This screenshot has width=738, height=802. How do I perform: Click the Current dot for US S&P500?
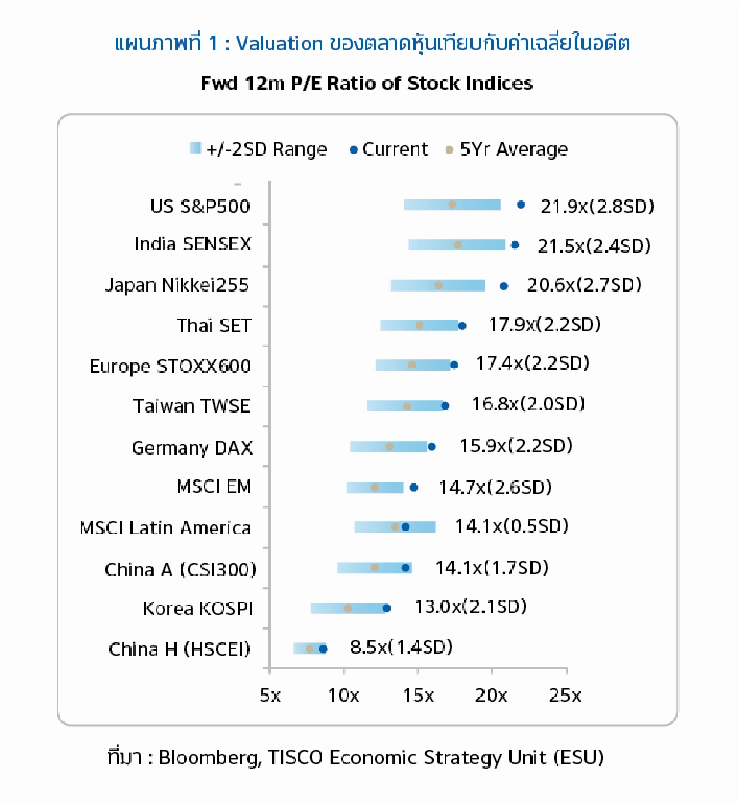click(x=521, y=205)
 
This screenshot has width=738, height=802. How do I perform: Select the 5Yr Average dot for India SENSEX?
click(x=458, y=245)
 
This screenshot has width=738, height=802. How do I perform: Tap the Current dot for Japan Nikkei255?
click(x=504, y=285)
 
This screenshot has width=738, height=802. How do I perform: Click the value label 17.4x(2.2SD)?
click(x=532, y=363)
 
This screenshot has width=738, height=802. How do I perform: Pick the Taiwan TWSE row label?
click(x=192, y=406)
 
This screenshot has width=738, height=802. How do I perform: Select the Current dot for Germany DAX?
click(x=432, y=447)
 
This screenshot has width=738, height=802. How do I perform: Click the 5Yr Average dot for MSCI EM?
click(x=375, y=487)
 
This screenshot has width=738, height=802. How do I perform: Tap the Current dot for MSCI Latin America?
click(x=405, y=527)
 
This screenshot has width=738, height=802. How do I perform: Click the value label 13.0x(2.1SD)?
click(x=470, y=607)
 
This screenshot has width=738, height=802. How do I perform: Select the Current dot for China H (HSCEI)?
click(x=323, y=649)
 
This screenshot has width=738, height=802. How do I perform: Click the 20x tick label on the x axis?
click(x=491, y=696)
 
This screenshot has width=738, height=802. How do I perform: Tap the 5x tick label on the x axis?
click(x=270, y=696)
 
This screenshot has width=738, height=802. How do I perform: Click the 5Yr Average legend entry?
click(x=507, y=149)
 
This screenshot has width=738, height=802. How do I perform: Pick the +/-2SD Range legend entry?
click(x=258, y=149)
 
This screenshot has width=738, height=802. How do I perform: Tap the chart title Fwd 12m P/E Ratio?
click(x=367, y=83)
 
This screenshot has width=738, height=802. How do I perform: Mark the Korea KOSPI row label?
click(x=197, y=608)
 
